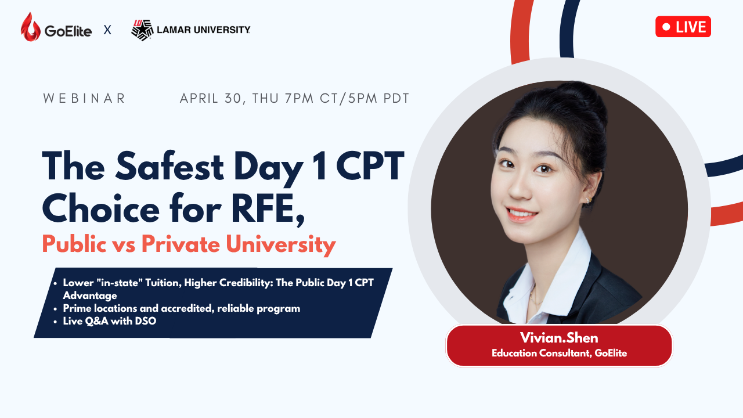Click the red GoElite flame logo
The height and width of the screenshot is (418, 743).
coord(31,27)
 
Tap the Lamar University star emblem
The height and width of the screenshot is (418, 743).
coord(142,30)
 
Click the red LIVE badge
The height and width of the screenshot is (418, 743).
coord(683,27)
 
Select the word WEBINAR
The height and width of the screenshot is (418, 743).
coord(84,99)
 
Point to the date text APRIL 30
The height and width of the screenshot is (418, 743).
coord(210,99)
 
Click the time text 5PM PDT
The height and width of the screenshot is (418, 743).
coord(379,99)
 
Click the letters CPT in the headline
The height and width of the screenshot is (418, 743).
coord(370,166)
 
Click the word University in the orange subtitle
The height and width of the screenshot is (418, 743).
coord(281,245)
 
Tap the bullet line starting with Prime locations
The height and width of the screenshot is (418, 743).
coord(182,308)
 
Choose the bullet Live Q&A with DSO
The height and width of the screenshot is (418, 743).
coord(110,321)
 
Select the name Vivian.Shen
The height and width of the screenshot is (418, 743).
coord(559,338)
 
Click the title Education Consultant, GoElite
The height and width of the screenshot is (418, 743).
coord(559,353)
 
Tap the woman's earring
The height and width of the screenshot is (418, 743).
coord(587,200)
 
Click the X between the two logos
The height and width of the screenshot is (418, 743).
coord(107,30)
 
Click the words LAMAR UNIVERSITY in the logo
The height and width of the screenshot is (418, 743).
coord(203,30)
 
